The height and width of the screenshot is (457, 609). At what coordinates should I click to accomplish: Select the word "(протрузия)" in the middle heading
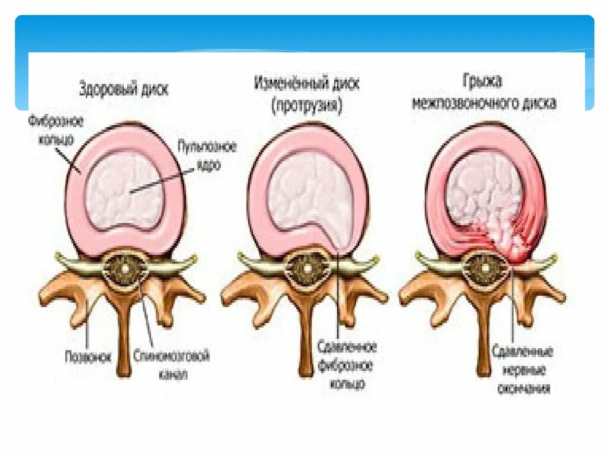[306, 106]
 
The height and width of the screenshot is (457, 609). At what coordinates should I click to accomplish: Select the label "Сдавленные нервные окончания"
[523, 370]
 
